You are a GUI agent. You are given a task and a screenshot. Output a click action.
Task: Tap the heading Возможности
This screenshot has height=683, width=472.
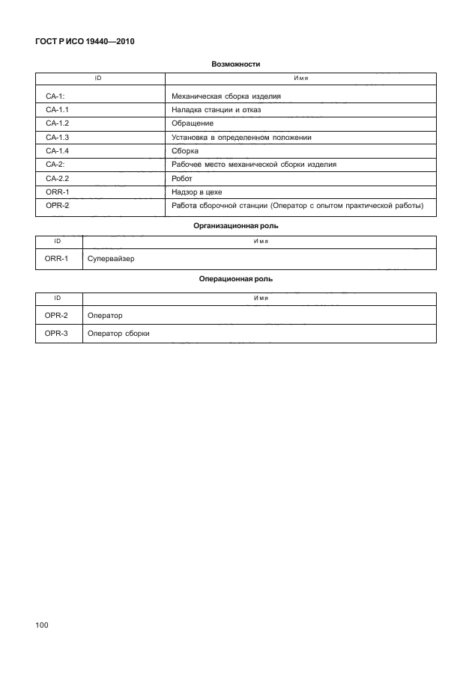click(x=236, y=64)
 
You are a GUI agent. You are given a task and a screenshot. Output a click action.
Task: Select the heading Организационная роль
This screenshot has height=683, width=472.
click(x=236, y=225)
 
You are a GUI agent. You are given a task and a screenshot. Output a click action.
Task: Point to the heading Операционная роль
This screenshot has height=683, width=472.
click(x=236, y=278)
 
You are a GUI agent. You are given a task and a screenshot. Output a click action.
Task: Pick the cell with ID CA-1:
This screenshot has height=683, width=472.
click(x=56, y=96)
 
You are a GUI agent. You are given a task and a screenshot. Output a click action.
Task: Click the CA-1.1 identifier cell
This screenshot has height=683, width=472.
click(x=58, y=109)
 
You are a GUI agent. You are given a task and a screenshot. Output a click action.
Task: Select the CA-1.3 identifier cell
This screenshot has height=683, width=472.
click(x=58, y=137)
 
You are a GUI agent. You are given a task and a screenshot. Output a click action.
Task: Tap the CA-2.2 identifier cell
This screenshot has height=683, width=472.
click(x=58, y=178)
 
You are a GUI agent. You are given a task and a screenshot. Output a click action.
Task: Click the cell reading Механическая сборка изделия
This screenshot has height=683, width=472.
click(x=226, y=96)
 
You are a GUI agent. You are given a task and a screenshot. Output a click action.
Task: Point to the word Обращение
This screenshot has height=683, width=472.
click(x=193, y=123)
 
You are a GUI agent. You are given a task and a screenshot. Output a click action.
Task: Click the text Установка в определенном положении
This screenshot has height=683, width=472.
click(x=241, y=137)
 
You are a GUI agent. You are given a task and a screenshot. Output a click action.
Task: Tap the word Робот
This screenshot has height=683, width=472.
click(x=182, y=178)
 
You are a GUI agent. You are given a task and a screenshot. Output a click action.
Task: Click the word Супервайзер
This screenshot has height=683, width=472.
click(x=111, y=259)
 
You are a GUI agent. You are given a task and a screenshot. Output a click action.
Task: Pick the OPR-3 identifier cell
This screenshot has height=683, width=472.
click(x=57, y=334)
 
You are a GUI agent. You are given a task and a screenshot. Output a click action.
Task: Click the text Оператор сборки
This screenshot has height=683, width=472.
click(x=118, y=334)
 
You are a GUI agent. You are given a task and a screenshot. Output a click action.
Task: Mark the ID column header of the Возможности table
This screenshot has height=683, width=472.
click(x=97, y=78)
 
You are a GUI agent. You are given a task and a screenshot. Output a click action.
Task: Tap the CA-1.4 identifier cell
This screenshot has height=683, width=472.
click(x=58, y=150)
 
